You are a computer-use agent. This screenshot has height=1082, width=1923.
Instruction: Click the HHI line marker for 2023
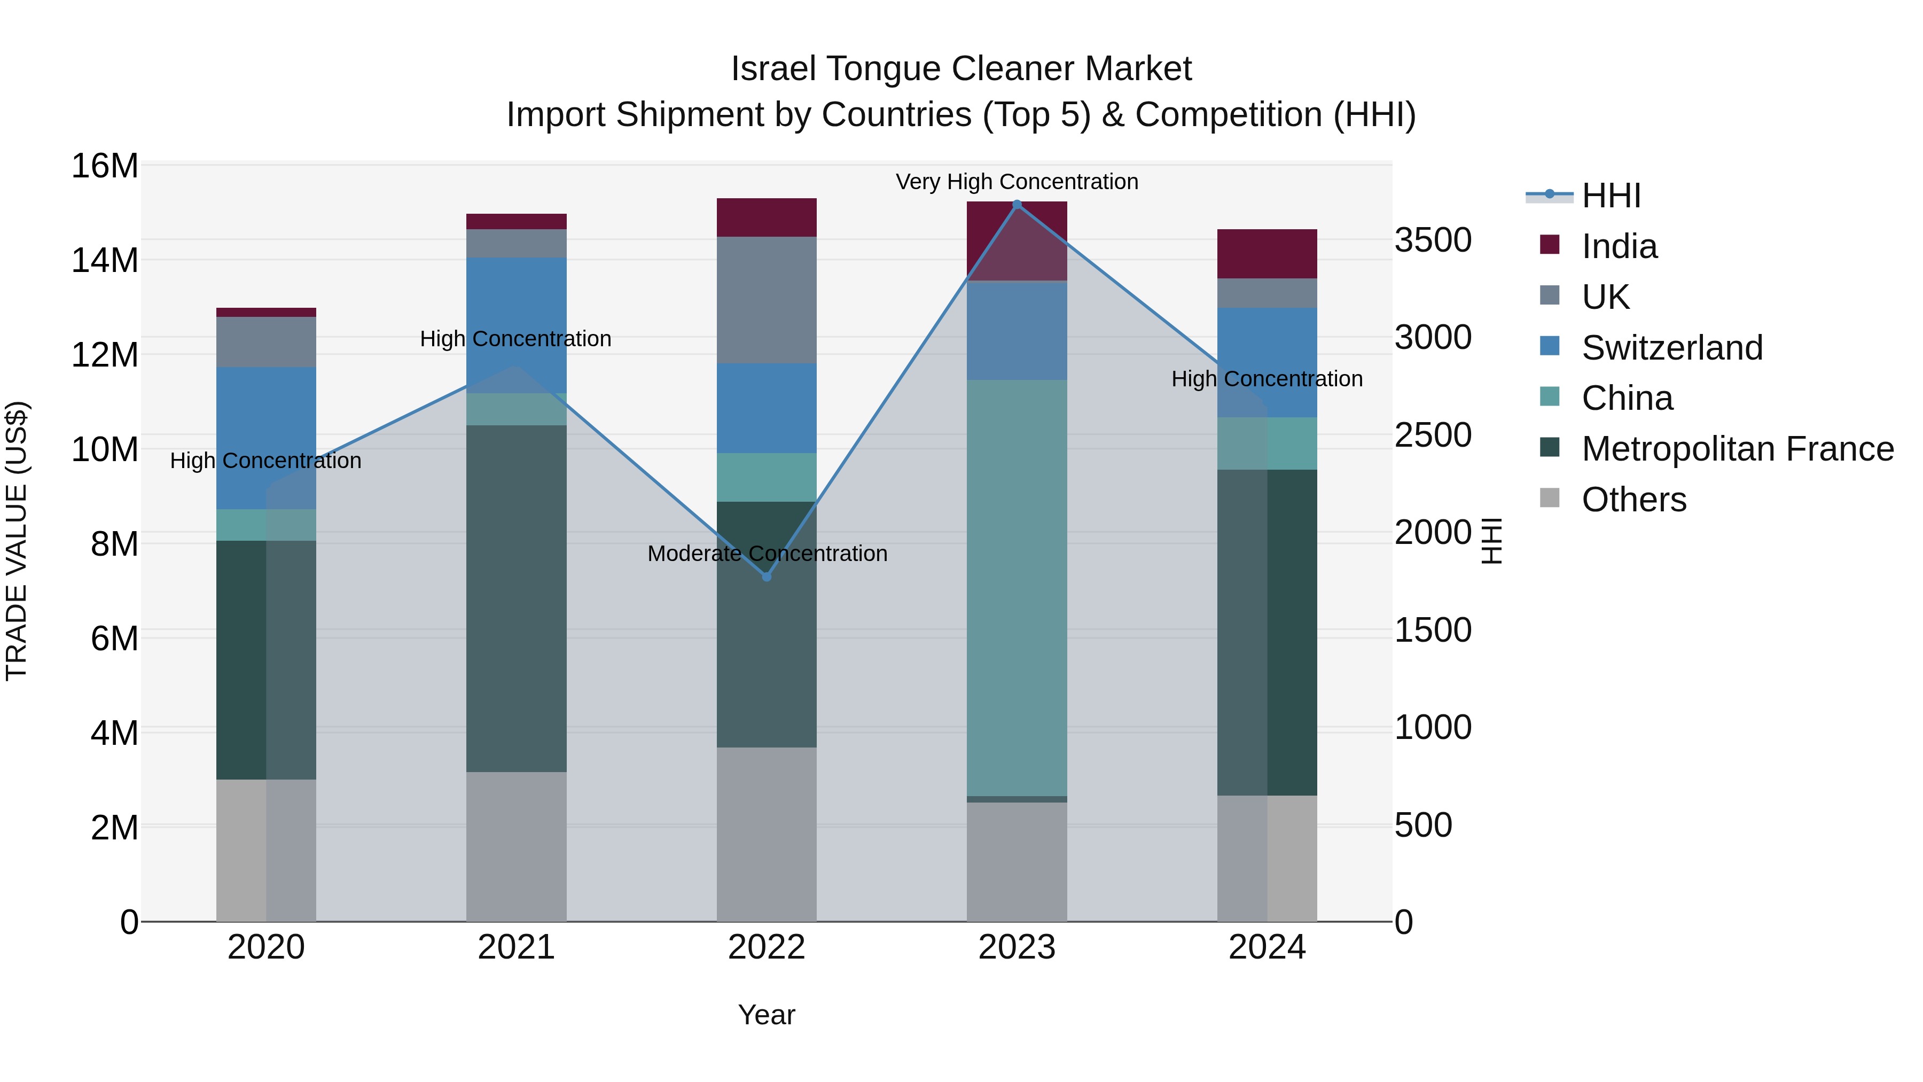coord(1017,204)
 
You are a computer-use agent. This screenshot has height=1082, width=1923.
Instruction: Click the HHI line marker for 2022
coord(766,577)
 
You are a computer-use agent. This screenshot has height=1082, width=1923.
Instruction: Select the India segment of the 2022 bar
coord(766,217)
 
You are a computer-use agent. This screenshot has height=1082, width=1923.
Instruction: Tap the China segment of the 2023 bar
coord(1017,588)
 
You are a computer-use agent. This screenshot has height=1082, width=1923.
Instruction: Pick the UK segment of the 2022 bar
coord(766,300)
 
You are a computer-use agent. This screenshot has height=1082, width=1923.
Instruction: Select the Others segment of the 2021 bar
coord(516,847)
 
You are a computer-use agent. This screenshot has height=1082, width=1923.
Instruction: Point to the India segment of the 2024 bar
coord(1267,254)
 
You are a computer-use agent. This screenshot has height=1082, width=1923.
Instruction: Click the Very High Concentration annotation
coord(1017,182)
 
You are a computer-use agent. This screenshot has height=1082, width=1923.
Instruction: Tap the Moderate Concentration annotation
coord(767,554)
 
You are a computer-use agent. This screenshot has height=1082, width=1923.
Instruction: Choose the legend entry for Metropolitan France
coord(1737,449)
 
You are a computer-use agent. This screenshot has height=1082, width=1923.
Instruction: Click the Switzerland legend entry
coord(1671,348)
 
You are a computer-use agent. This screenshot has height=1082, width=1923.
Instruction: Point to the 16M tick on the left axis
coord(105,166)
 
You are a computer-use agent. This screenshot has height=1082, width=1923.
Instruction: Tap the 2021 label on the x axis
coord(516,947)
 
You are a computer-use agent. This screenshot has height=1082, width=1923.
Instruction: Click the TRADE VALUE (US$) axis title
coord(17,541)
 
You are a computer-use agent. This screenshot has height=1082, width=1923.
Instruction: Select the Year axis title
coord(766,1015)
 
